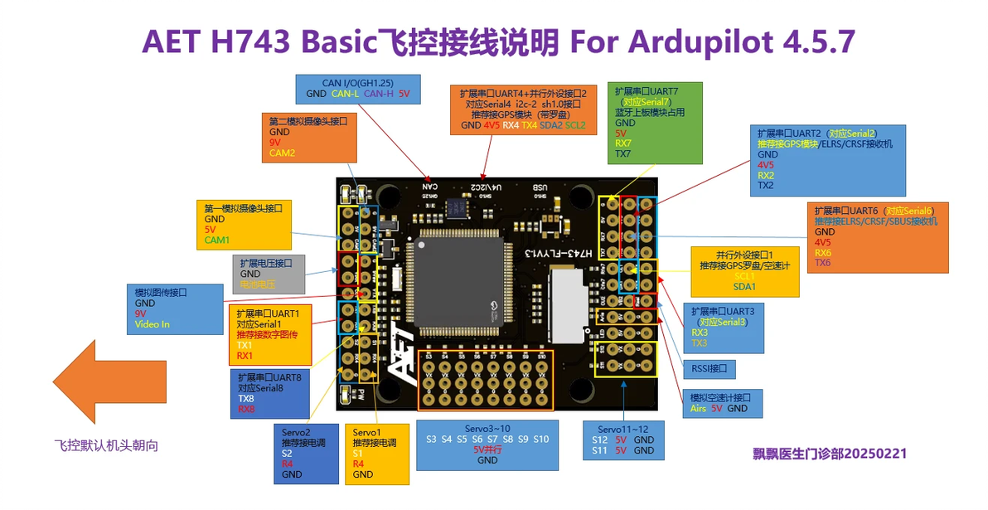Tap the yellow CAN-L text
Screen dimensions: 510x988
coord(345,94)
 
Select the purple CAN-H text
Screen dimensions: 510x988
coord(378,94)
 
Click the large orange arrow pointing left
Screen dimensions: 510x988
coord(95,382)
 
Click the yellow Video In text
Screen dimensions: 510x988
coord(153,324)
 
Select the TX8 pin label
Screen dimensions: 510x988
coord(246,398)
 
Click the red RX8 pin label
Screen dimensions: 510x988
coord(247,409)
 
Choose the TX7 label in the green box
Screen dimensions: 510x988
coord(623,154)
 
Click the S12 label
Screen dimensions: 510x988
coord(600,440)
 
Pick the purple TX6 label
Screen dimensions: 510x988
coord(822,263)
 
